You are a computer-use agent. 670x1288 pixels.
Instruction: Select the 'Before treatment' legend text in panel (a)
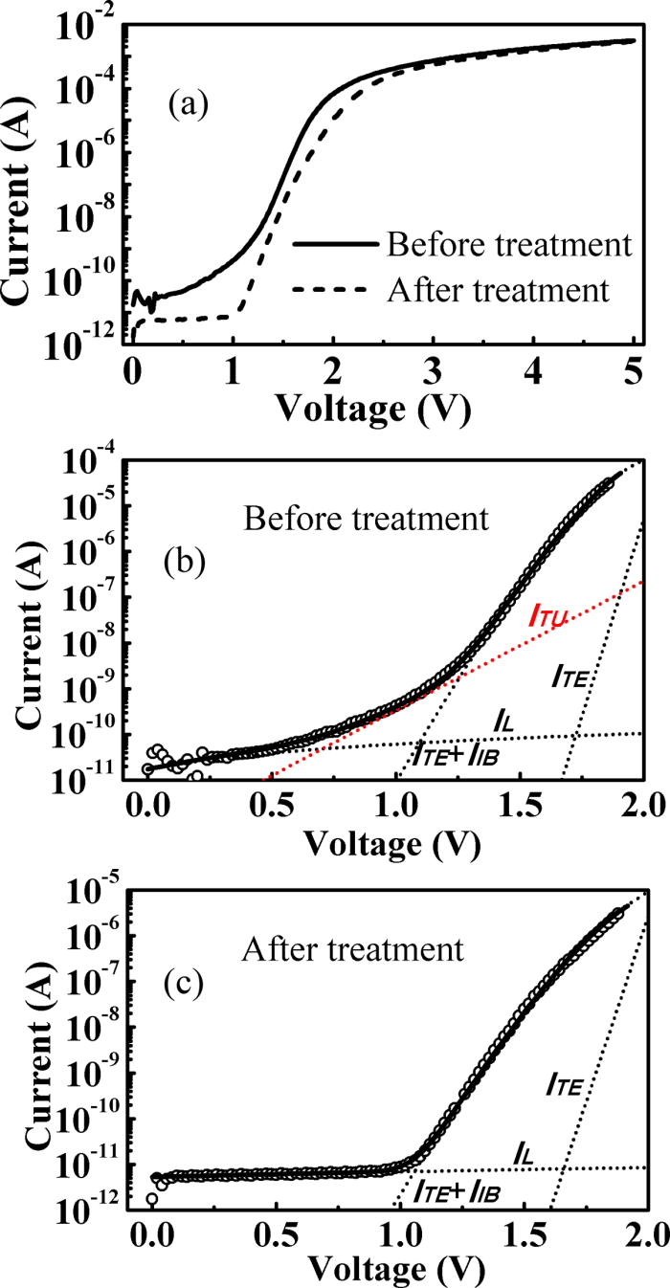click(x=509, y=245)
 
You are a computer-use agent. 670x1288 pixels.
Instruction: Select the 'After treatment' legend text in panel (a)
click(x=501, y=287)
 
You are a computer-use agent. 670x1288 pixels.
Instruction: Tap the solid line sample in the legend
click(x=335, y=246)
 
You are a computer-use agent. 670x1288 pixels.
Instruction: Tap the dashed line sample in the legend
click(x=335, y=288)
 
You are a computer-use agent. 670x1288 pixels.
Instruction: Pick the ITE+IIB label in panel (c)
click(x=457, y=1190)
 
